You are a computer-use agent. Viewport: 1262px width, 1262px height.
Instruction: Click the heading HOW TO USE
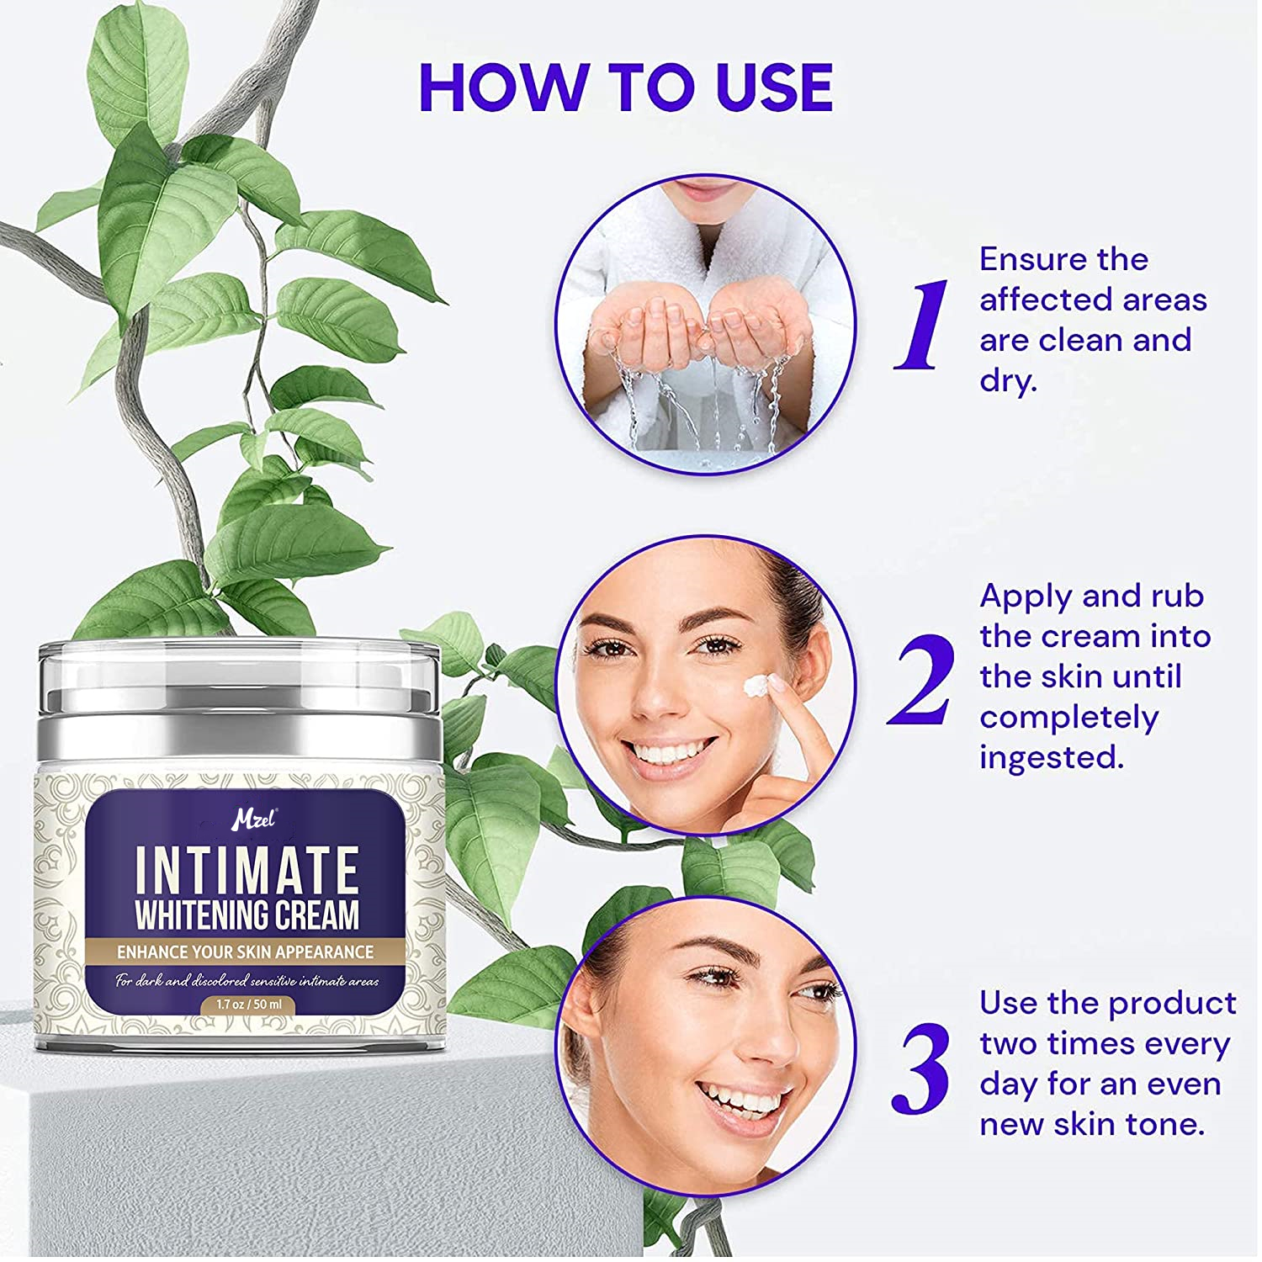click(626, 87)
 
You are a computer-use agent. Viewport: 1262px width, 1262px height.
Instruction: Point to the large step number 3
click(921, 1068)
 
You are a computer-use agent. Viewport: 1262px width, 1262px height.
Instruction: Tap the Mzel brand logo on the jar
click(253, 819)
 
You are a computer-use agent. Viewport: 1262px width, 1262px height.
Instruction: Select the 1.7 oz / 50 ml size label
click(248, 1005)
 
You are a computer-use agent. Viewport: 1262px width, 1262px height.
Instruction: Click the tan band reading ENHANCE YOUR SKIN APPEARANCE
click(245, 952)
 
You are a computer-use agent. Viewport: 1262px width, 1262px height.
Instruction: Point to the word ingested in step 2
click(1051, 758)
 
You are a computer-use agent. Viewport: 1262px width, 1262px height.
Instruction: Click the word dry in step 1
click(1007, 381)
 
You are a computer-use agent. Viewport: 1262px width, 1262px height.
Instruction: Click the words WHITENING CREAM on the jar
click(247, 915)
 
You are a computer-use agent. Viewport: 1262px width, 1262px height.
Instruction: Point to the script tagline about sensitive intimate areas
click(247, 980)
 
